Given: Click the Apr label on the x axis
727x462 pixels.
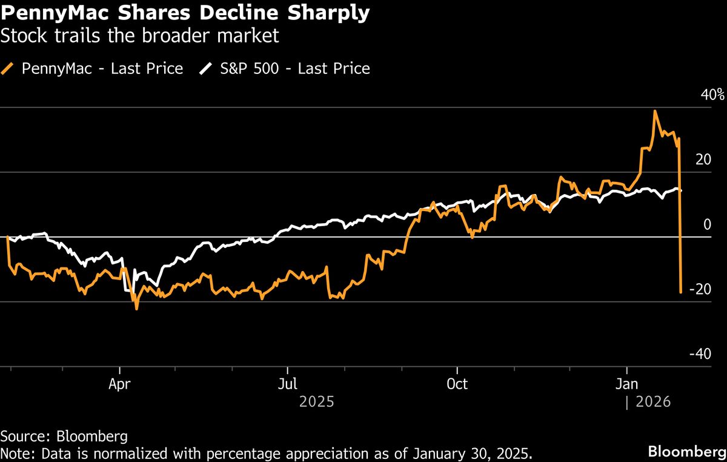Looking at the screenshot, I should (x=120, y=384).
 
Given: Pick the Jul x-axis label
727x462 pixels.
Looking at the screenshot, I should (x=287, y=384).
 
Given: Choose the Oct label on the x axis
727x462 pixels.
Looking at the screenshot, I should (x=457, y=384).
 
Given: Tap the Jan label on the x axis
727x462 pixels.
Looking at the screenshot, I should (x=626, y=384).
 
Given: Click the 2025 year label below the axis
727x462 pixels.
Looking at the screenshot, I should (x=317, y=402).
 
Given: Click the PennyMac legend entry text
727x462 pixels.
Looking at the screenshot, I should (x=102, y=69).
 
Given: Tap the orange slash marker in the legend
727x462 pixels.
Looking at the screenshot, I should (x=8, y=69).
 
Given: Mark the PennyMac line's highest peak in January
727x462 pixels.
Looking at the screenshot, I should (x=655, y=111).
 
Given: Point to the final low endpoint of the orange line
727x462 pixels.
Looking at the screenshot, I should (x=681, y=293).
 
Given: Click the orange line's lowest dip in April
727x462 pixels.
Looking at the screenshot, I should (x=136, y=309).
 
